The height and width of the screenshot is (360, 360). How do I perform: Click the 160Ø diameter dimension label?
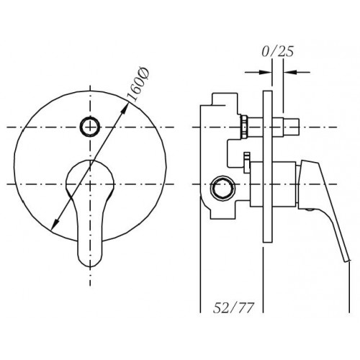pyautogui.click(x=138, y=85)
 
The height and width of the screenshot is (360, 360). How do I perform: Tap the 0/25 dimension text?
pyautogui.click(x=278, y=51)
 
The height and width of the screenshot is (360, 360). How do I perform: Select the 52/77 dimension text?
pyautogui.click(x=233, y=307)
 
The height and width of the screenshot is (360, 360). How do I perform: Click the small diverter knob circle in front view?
pyautogui.click(x=90, y=127)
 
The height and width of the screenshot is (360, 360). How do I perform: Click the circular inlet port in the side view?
pyautogui.click(x=222, y=187)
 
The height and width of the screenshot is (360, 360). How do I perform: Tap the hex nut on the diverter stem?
pyautogui.click(x=244, y=127)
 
